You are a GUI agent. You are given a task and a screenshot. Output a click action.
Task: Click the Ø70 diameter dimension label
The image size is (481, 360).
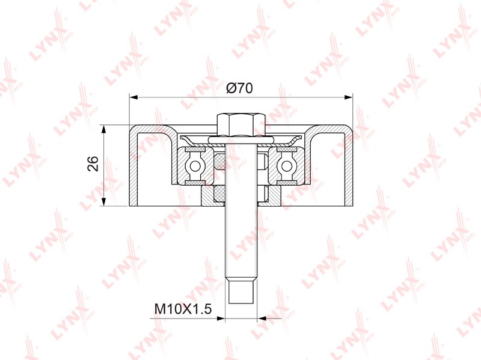(239, 88)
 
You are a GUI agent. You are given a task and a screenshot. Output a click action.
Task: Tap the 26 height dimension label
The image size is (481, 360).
(93, 163)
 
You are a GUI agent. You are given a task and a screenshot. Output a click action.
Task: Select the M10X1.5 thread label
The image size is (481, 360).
(183, 309)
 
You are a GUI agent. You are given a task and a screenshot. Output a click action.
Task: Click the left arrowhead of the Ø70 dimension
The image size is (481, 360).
(133, 97)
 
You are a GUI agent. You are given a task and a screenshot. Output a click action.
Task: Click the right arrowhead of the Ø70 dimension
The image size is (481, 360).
(349, 97)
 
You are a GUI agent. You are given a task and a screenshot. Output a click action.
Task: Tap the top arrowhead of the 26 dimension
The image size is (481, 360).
(104, 129)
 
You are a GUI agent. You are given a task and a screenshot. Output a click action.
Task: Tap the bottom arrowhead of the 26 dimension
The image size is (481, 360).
(104, 202)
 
